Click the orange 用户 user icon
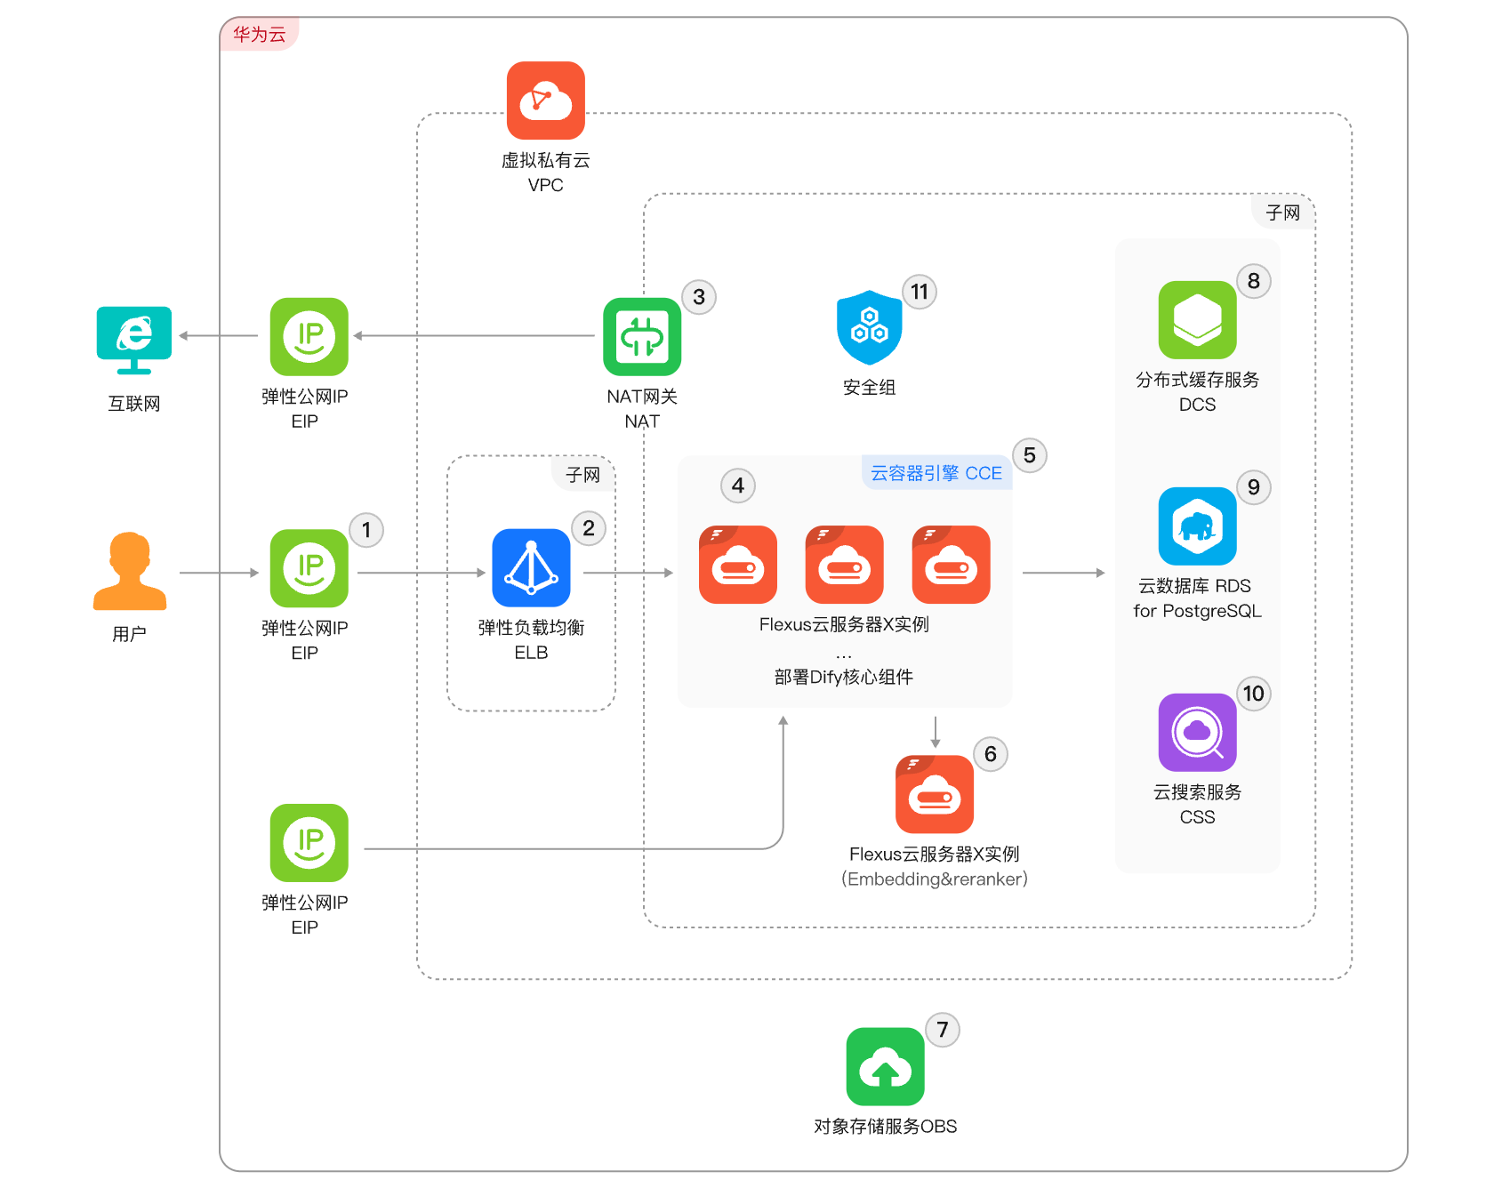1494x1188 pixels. point(130,571)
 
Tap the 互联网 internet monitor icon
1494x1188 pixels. point(134,340)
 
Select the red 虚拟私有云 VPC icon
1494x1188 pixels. point(546,100)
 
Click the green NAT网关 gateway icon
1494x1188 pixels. point(642,337)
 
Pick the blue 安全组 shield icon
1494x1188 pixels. point(870,327)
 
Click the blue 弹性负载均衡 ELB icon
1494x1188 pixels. point(532,568)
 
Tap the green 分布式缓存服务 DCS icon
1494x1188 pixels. point(1198,320)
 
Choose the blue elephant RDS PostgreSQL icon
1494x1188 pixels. point(1198,526)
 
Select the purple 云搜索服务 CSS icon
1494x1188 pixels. point(1198,733)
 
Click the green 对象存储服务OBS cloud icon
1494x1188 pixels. point(886,1067)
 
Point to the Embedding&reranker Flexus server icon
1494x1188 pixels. point(935,794)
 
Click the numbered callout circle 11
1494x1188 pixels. point(920,292)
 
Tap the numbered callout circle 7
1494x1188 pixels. point(943,1030)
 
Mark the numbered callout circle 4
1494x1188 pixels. point(738,486)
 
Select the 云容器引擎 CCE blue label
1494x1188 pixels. point(936,473)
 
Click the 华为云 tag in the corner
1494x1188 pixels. point(260,35)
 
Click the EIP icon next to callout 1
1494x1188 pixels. point(309,568)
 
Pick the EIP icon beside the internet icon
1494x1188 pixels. point(309,337)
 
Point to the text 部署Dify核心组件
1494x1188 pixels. point(844,678)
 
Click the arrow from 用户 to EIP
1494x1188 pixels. point(219,573)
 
